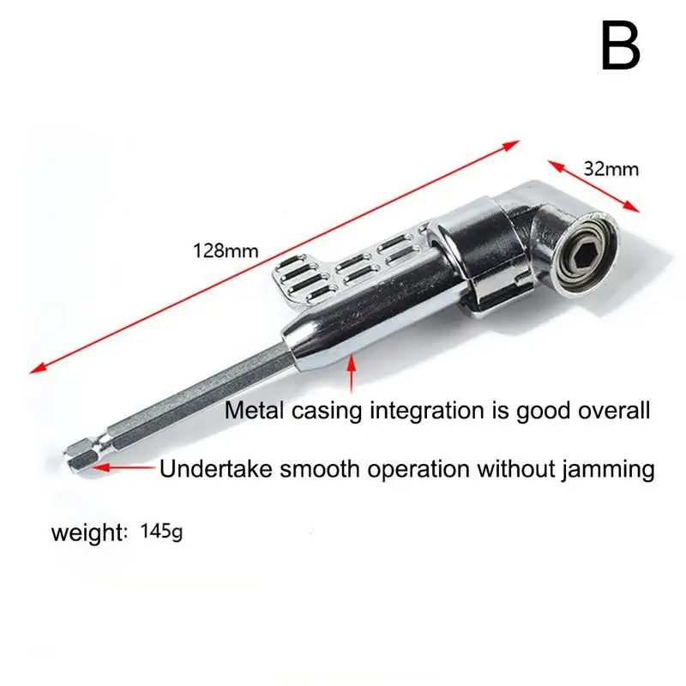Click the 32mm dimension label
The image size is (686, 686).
click(x=611, y=169)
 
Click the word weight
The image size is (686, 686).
click(x=87, y=533)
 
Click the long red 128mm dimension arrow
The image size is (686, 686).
click(x=274, y=255)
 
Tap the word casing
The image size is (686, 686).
click(x=328, y=412)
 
